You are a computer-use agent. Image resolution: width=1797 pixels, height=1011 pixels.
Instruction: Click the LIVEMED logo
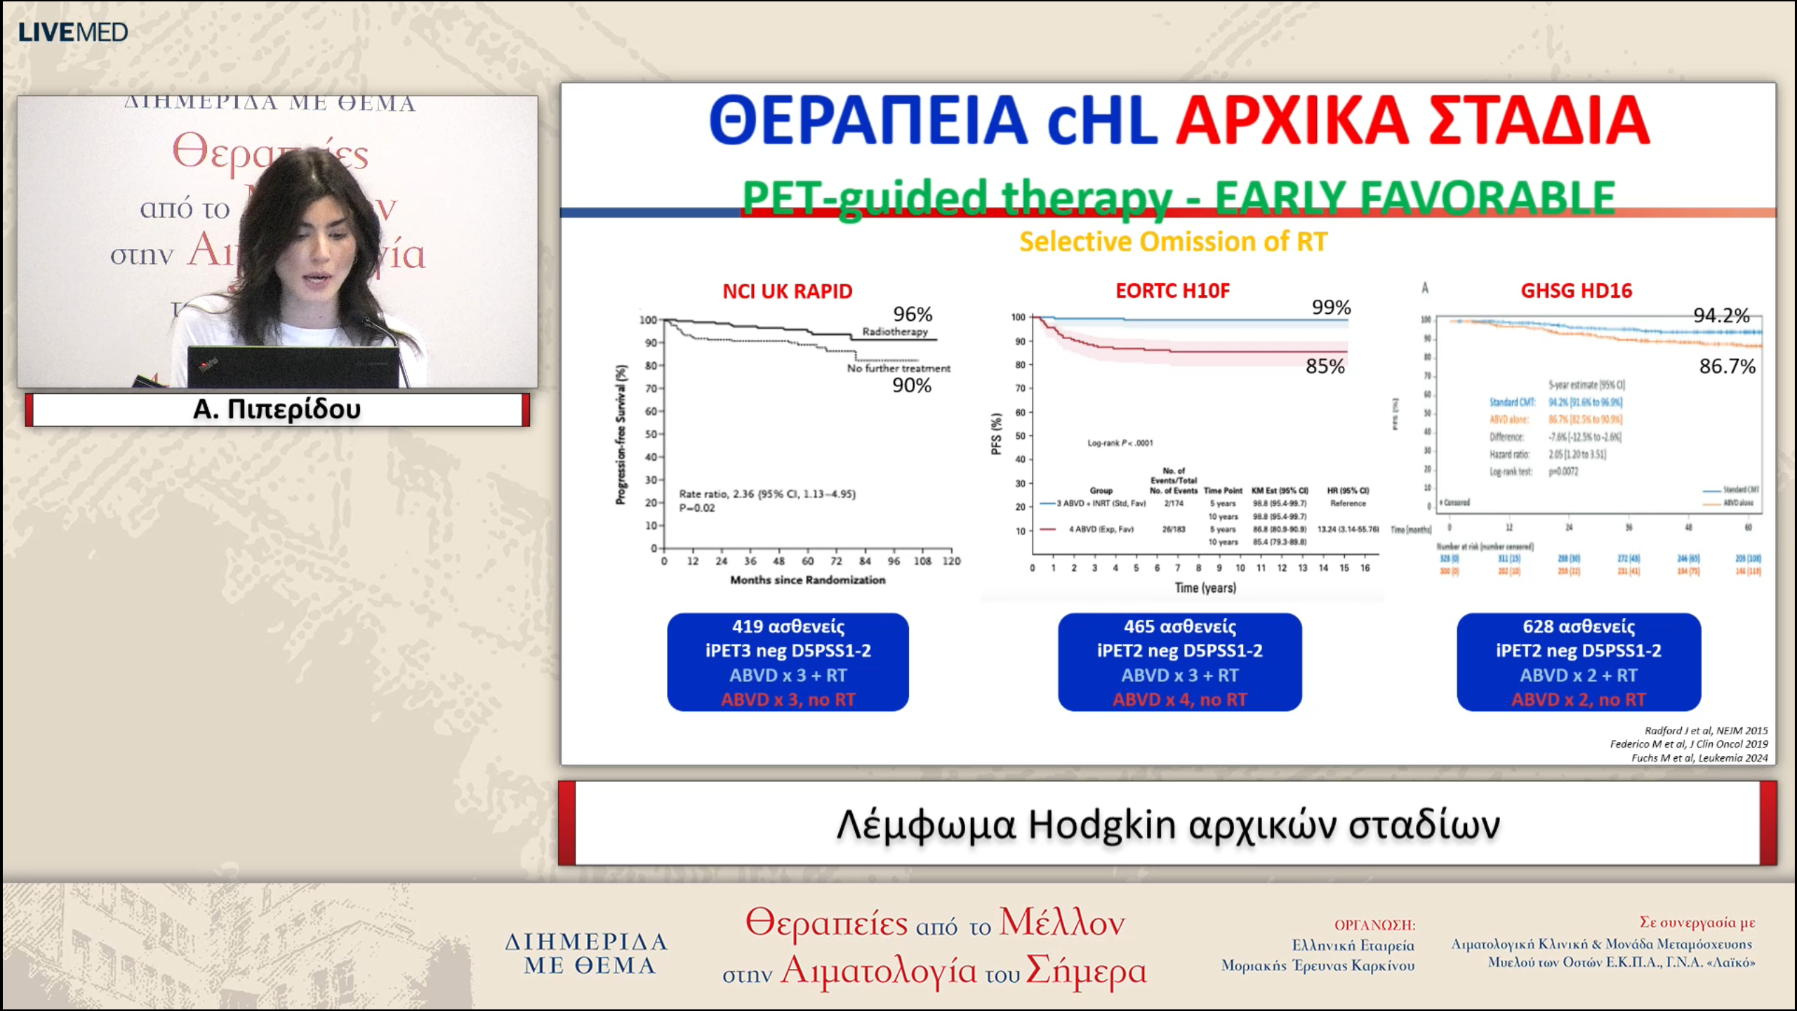click(72, 32)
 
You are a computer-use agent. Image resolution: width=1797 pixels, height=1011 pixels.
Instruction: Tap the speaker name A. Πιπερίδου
click(277, 409)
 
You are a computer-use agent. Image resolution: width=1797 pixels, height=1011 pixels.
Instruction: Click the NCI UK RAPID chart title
click(787, 291)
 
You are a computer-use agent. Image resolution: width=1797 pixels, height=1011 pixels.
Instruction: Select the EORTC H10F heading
click(1172, 290)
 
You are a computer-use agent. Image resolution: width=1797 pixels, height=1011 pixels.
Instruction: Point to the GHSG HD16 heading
click(1576, 290)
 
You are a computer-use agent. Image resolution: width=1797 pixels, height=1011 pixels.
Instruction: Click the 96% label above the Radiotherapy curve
click(912, 314)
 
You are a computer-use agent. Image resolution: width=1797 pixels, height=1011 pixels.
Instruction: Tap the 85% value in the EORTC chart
click(1325, 366)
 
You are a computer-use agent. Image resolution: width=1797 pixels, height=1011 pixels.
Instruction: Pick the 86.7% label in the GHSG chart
click(1726, 366)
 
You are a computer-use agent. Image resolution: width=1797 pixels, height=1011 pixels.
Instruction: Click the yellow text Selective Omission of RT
click(1173, 242)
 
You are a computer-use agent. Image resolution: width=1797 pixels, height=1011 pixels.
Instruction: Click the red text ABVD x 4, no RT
click(1179, 699)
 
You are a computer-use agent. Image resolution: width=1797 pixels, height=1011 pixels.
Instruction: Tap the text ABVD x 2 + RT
click(1578, 675)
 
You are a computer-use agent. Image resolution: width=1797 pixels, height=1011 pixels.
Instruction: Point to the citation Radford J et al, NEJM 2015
click(1706, 730)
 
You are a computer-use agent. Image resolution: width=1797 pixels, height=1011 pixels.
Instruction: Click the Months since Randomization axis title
click(807, 580)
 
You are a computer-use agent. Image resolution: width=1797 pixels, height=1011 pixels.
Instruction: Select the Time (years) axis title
click(1205, 588)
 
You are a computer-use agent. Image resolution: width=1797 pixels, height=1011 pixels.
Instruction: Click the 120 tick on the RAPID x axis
click(951, 561)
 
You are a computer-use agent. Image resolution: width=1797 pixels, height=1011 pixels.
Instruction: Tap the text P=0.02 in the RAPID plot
click(697, 508)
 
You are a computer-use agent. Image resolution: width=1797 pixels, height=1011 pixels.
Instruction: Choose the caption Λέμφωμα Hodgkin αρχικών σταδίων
click(1167, 824)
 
